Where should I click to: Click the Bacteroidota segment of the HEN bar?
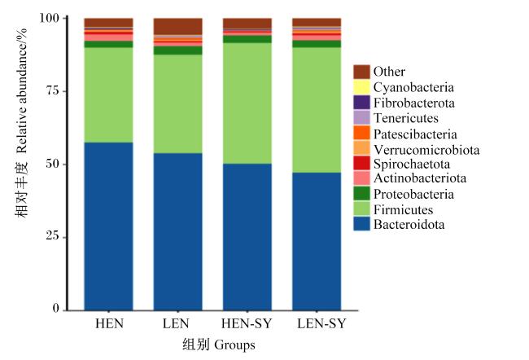coord(108,226)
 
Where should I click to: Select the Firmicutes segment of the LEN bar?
coord(177,103)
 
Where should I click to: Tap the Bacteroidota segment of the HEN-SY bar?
coord(247,237)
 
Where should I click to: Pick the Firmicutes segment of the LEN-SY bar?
coord(317,110)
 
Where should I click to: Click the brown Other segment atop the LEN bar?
coord(177,26)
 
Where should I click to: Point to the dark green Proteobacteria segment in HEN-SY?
coord(247,39)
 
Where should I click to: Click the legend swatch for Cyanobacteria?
coord(361,87)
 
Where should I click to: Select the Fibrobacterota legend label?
coord(414,103)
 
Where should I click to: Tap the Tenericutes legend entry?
coord(396,118)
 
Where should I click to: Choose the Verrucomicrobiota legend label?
coord(426,150)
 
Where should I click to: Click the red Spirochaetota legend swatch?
coord(361,164)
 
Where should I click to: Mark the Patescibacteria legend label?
coord(415,134)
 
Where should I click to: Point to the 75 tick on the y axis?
coord(65,91)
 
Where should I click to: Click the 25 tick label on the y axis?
coord(53,235)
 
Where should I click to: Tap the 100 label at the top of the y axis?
coord(50,18)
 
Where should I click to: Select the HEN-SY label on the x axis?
coord(247,323)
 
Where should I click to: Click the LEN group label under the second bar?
coord(176,323)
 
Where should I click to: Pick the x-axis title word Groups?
coord(234,345)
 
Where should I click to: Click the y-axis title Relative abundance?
coord(22,90)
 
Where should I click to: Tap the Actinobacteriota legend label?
coord(420,178)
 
